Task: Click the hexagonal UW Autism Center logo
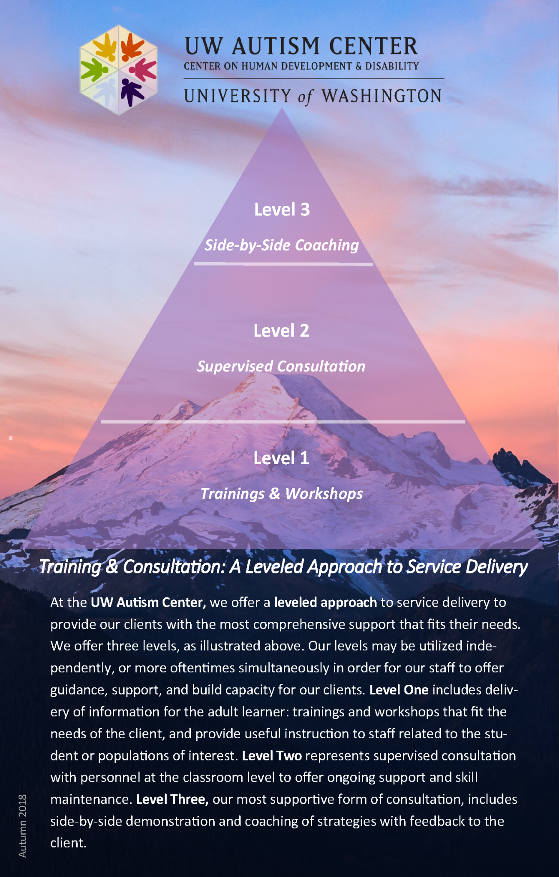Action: point(118,70)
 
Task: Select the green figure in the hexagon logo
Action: point(94,70)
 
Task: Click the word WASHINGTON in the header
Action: point(382,96)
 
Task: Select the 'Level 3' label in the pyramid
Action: point(282,209)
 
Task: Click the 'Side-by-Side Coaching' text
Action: point(282,245)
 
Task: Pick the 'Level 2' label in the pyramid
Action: point(281,331)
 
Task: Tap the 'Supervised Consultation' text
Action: point(281,366)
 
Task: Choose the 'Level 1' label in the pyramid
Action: point(281,458)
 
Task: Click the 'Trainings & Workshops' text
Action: point(282,493)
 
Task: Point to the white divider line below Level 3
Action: point(283,264)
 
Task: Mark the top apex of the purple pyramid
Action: point(282,108)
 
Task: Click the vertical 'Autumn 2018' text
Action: point(22,826)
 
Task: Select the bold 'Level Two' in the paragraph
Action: point(272,755)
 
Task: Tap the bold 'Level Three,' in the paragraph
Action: point(172,799)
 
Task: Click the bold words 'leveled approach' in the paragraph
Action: point(325,603)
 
